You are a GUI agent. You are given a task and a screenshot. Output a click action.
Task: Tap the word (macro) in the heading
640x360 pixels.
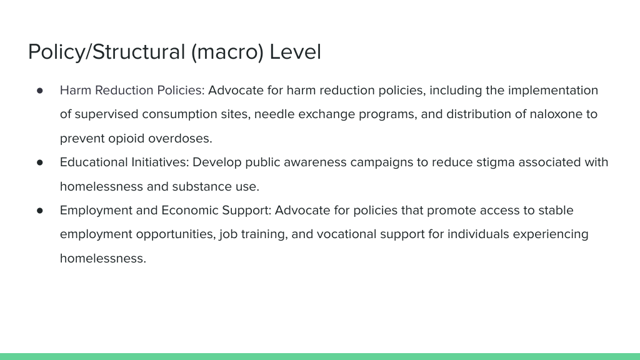coord(227,52)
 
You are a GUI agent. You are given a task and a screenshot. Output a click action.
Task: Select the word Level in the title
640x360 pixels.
coord(295,52)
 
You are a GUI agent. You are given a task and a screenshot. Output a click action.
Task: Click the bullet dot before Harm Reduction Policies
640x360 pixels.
coord(39,91)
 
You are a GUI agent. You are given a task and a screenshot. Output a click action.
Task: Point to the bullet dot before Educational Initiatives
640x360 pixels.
coord(39,162)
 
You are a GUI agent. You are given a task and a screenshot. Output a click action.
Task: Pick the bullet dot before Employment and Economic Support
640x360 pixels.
coord(39,211)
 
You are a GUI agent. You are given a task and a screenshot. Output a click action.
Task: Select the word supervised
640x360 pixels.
coord(106,114)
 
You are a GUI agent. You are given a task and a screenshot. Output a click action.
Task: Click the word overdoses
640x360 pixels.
coord(180,138)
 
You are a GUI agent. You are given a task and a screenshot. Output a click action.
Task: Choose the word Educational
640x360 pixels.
coord(94,162)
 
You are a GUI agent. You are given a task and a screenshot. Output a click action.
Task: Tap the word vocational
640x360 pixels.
coord(346,234)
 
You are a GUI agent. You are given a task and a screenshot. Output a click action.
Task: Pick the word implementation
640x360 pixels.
coord(553,90)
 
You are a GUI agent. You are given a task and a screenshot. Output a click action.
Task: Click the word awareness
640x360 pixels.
coord(315,162)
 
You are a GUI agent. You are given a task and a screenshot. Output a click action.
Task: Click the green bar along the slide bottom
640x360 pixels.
coord(320,356)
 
